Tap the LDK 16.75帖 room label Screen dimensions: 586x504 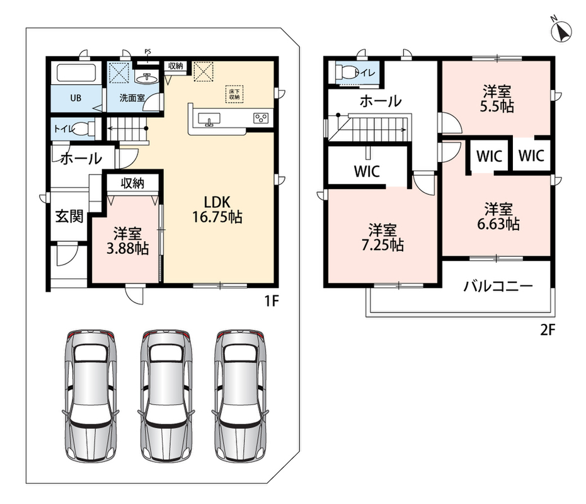pos(217,210)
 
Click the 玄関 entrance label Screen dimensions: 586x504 pos(69,216)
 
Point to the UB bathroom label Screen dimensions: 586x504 pos(76,98)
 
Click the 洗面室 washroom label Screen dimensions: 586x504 pos(132,98)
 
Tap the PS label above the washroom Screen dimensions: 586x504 pos(148,51)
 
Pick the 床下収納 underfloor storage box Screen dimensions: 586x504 pos(234,94)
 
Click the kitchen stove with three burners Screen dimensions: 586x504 pos(261,118)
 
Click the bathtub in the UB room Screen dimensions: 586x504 pos(76,72)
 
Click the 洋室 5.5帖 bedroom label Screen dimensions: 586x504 pos(497,99)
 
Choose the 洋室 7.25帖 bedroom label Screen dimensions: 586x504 pos(382,238)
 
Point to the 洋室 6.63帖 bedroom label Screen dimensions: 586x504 pos(498,216)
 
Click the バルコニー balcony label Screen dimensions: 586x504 pos(498,286)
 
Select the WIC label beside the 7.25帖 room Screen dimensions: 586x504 pos(367,171)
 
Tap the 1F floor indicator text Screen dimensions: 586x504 pos(272,301)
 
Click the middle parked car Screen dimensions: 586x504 pos(166,396)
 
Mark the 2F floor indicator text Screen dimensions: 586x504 pos(548,330)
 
